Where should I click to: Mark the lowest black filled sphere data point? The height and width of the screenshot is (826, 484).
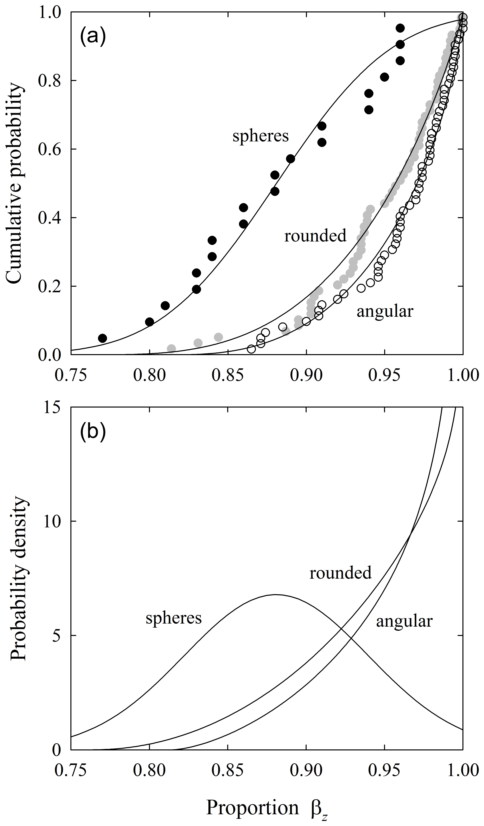point(103,338)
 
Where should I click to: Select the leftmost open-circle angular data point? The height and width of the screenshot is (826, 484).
point(251,349)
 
